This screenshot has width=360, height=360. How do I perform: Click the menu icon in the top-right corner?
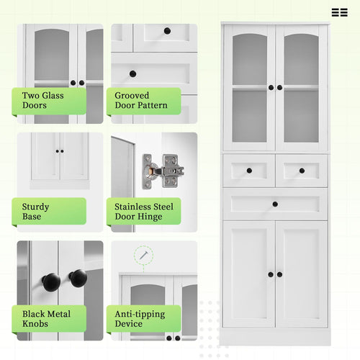(339, 12)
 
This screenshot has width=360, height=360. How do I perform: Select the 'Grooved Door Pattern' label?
(142, 100)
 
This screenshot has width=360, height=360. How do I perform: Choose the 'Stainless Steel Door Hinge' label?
(143, 211)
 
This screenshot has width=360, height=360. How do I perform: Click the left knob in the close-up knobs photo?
(50, 282)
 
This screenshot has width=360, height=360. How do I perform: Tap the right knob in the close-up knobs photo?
(78, 278)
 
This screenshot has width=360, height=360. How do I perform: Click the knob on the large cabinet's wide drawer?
(275, 204)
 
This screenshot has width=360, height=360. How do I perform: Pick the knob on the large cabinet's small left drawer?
(248, 171)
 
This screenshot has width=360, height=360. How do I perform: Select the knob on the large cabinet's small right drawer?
(302, 171)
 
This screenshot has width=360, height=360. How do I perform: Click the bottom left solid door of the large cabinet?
(248, 274)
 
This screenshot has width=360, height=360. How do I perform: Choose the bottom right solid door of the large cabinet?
(302, 274)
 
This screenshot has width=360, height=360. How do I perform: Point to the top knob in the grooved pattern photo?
(167, 31)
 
